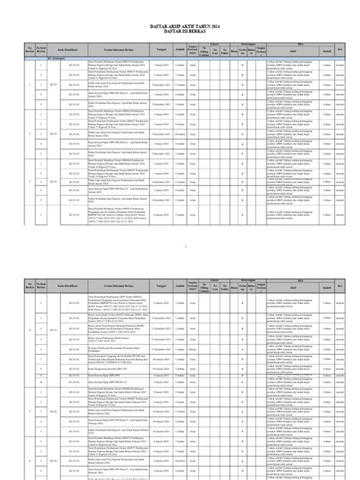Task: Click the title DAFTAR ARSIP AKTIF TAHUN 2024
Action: [x=180, y=46]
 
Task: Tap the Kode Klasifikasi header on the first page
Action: [x=74, y=71]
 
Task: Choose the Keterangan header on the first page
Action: [x=260, y=65]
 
